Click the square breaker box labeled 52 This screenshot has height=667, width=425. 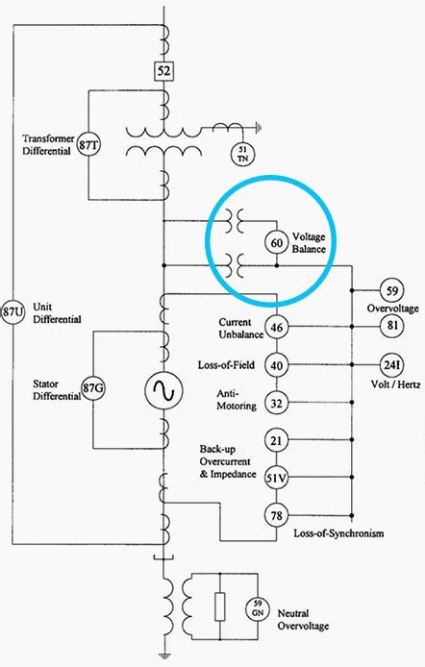[x=163, y=70]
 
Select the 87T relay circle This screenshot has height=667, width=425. [x=88, y=145]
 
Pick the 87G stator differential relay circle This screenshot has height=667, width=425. [x=93, y=388]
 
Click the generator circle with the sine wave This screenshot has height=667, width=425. [x=163, y=389]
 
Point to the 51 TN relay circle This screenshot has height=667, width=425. [x=242, y=154]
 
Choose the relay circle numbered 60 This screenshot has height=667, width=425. [x=277, y=243]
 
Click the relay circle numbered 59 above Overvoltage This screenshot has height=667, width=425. [x=391, y=290]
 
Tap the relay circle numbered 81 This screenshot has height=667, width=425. [x=391, y=326]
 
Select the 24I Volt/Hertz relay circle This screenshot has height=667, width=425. [x=391, y=365]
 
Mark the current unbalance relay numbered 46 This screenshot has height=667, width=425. [x=277, y=327]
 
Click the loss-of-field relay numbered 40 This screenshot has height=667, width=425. [x=277, y=365]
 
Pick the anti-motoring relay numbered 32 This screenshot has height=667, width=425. [x=277, y=403]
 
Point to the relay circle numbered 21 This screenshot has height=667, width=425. [x=277, y=440]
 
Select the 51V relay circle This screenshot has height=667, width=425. [x=277, y=478]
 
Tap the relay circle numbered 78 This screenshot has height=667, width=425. [x=277, y=515]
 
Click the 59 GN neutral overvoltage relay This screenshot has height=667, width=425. [x=258, y=608]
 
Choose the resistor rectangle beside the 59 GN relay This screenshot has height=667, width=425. [x=220, y=606]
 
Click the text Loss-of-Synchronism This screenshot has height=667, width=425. [x=338, y=533]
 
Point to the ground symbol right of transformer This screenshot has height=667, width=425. [x=259, y=126]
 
